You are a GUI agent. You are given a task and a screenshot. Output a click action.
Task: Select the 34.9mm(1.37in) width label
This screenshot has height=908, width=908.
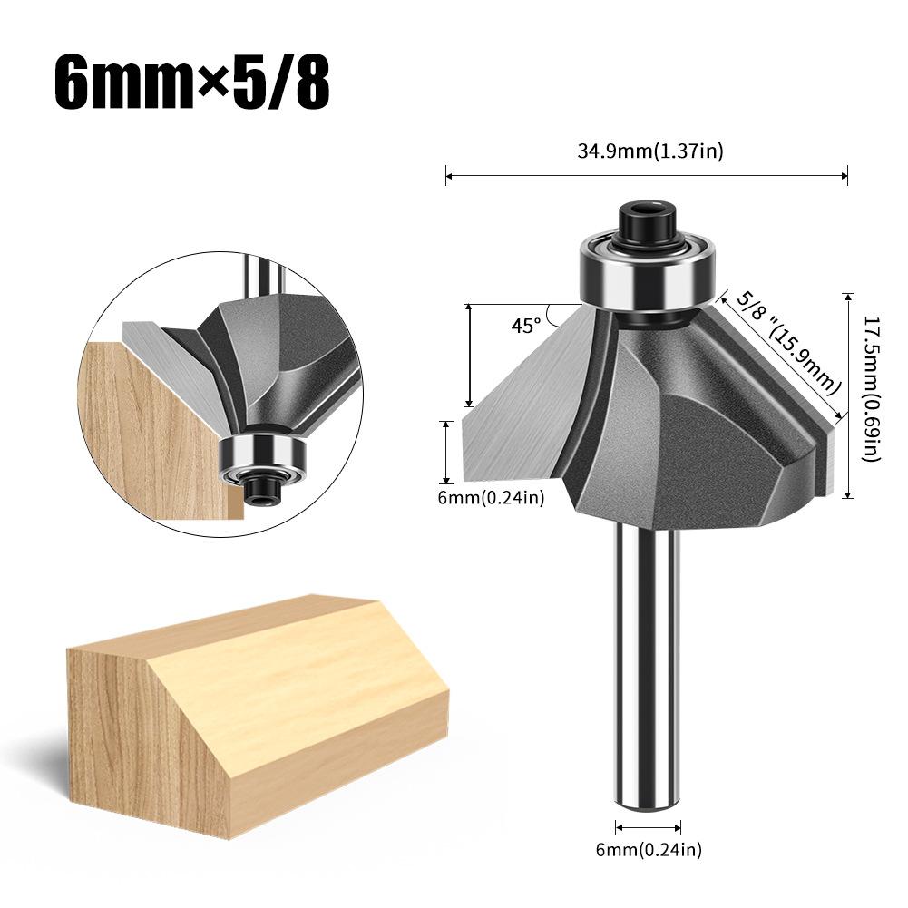pos(649,151)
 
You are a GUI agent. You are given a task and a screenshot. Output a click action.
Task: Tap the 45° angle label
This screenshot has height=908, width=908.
pos(525,325)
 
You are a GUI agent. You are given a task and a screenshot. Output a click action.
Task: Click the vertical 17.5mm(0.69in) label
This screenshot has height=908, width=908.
pos(871,389)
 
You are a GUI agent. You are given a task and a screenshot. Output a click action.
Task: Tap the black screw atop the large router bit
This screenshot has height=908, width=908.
pos(645,222)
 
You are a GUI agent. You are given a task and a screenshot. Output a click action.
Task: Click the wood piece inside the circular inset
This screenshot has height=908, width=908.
pos(154,426)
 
